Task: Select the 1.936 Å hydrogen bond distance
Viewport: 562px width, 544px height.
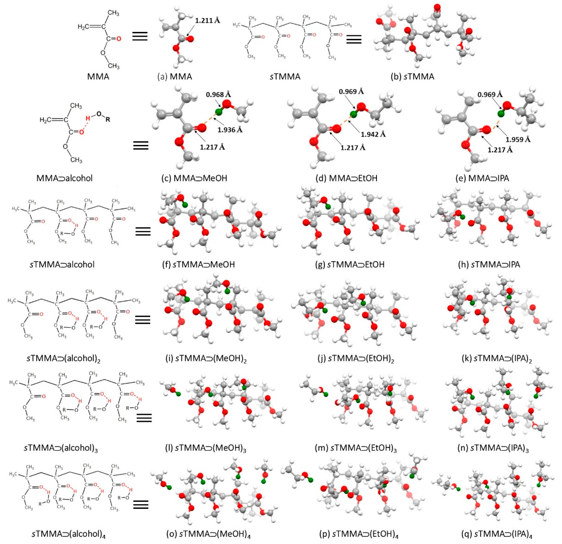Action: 230,130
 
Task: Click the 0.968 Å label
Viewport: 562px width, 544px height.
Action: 218,94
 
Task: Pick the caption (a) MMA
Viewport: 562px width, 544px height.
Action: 175,77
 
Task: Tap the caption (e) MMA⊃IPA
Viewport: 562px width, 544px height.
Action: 488,178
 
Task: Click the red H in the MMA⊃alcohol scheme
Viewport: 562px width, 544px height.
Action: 88,118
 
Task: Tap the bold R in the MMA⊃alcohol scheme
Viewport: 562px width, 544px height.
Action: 108,120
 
